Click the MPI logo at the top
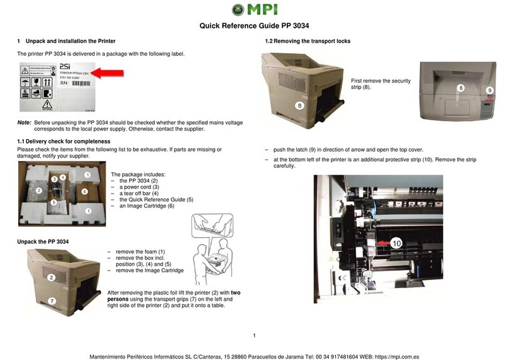(x=254, y=9)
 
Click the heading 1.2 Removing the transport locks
(x=307, y=41)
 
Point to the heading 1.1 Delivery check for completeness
(x=63, y=141)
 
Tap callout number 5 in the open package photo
(x=54, y=202)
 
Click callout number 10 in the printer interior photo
(x=396, y=243)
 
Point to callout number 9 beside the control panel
(x=489, y=91)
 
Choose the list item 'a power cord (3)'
(x=141, y=187)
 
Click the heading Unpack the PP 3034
(x=43, y=241)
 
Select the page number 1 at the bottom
(x=253, y=335)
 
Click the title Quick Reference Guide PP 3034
(x=254, y=26)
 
